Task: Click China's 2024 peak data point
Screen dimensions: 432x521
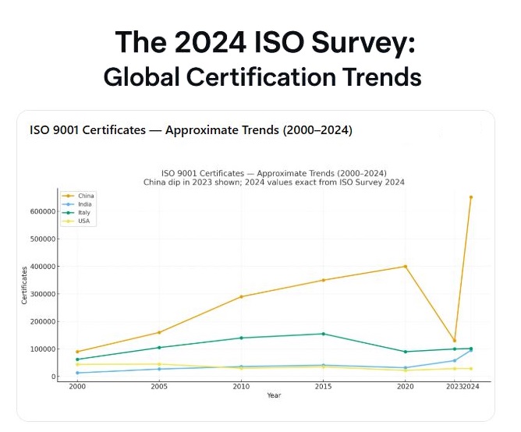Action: click(470, 197)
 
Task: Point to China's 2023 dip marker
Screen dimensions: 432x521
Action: click(455, 341)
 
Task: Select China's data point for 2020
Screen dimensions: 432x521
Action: click(406, 267)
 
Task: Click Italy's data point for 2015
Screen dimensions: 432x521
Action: click(324, 334)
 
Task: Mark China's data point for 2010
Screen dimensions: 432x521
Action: click(242, 296)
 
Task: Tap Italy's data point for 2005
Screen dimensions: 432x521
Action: click(159, 348)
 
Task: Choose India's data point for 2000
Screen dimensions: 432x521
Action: click(77, 373)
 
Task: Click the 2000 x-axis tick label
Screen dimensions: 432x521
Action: click(77, 387)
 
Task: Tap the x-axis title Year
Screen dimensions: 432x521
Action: click(274, 395)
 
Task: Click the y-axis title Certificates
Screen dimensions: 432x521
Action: click(25, 285)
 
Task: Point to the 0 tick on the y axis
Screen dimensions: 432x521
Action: click(51, 377)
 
